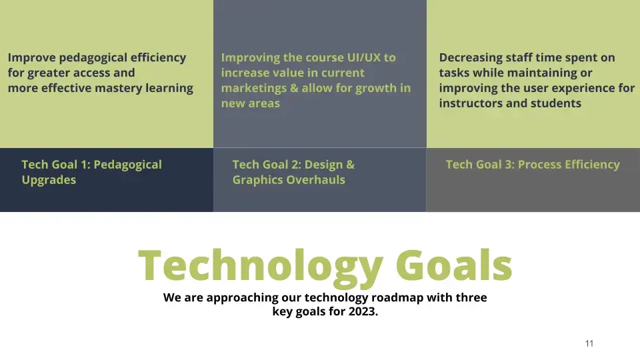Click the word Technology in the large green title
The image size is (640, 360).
tap(260, 265)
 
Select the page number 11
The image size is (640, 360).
tap(589, 343)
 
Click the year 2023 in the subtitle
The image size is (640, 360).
tap(361, 311)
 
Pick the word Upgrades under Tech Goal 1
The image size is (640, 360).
tap(49, 180)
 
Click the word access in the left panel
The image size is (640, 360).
tap(115, 73)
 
